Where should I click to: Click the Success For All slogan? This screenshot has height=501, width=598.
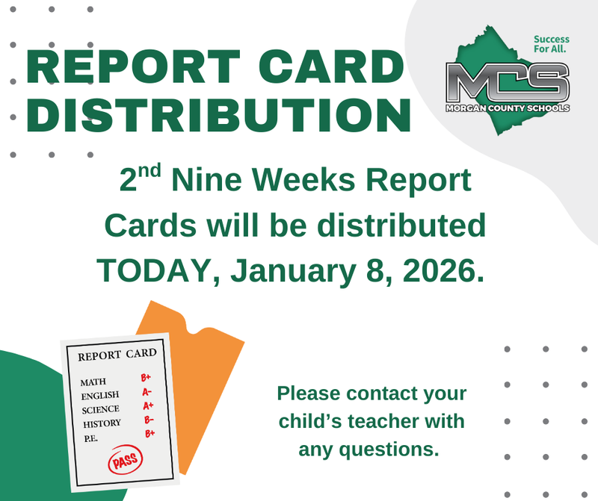point(551,44)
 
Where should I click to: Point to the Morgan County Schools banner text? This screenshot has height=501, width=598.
point(508,108)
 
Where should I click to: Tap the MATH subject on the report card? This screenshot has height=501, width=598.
point(94,382)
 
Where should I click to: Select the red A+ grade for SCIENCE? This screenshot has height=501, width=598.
point(148,405)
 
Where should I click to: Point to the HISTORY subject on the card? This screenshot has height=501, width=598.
point(102,423)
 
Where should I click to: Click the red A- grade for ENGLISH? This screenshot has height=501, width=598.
point(147,392)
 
